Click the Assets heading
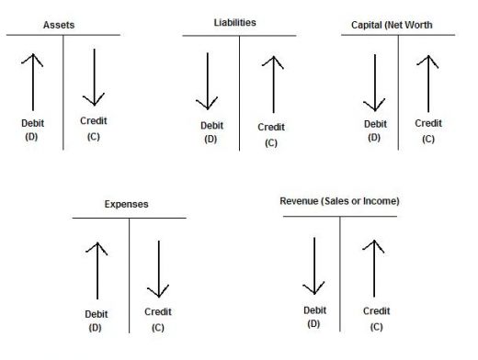coord(59,25)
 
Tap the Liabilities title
coord(234,22)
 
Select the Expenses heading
coord(126,204)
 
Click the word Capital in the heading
coord(367,25)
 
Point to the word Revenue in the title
coord(299,201)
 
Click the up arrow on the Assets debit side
coord(32,82)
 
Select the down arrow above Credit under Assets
coord(94,77)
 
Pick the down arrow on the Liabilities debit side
coord(207,81)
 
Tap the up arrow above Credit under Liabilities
coord(273,84)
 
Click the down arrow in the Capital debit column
coord(374,83)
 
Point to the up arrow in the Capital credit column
coord(428,84)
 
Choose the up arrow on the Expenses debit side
coord(97,271)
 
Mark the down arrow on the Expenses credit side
coord(158,269)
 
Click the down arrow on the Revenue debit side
coord(314,265)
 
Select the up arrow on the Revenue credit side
coord(374,268)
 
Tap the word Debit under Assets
coord(32,123)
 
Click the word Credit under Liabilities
coord(271,127)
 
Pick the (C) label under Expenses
coord(158,328)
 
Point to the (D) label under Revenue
coord(313,324)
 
